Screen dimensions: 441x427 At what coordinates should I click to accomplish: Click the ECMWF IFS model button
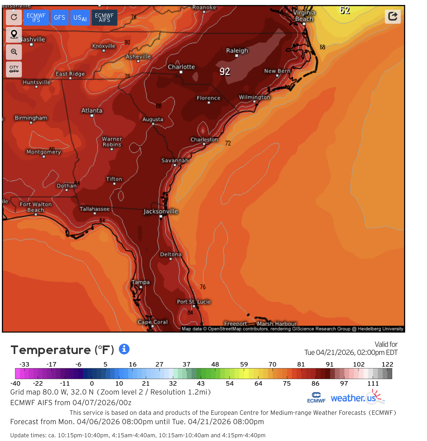pos(36,17)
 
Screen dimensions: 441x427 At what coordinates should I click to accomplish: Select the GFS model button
pos(59,17)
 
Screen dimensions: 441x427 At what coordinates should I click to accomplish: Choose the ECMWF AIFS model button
pos(104,17)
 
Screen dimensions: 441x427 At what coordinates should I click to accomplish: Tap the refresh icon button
pos(14,17)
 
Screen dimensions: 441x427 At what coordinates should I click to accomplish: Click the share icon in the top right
pos(393,16)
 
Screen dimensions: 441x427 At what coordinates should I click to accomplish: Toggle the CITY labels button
pos(14,69)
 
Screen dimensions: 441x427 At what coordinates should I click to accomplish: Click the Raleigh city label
pos(237,51)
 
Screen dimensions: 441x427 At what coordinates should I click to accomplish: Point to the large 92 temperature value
pos(225,72)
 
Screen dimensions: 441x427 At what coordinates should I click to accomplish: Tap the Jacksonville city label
pos(160,211)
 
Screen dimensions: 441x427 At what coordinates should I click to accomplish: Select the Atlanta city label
pos(92,110)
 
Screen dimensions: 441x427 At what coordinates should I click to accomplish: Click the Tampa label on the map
pos(140,282)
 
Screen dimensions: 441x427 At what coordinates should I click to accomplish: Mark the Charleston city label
pos(204,139)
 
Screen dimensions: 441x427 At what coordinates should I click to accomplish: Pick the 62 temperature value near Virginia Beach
pos(345,11)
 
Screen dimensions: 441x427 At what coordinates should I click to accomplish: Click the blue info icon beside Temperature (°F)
pos(124,349)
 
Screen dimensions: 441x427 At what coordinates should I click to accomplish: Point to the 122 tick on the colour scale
pos(387,364)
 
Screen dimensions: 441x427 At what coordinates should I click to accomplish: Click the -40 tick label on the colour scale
pos(15,383)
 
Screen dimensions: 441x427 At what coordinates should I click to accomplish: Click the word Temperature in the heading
pos(51,350)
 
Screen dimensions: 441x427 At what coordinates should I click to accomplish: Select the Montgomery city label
pos(44,152)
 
